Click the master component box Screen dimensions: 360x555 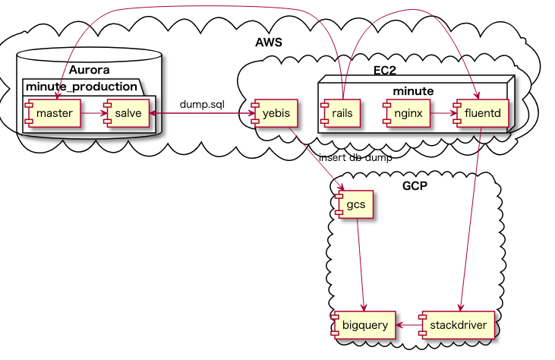click(x=52, y=114)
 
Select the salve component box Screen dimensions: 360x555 click(x=125, y=114)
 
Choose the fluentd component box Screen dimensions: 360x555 click(x=479, y=114)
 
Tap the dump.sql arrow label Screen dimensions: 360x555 click(x=202, y=103)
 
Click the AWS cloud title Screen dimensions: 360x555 click(x=269, y=43)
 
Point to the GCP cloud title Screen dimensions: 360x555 click(x=415, y=186)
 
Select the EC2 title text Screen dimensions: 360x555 click(x=385, y=71)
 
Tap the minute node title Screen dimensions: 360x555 click(x=413, y=90)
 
